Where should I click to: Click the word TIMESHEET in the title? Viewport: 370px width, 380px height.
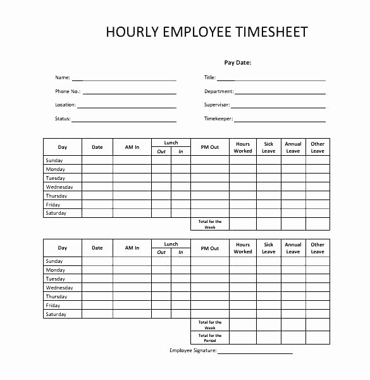pos(269,32)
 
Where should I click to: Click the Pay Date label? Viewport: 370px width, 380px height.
pos(238,63)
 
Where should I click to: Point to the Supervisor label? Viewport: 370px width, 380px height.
pos(216,104)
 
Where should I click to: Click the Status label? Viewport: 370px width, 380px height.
pos(63,118)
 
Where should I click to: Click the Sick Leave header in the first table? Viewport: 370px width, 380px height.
pos(269,147)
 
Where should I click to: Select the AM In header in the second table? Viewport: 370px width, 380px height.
pos(132,248)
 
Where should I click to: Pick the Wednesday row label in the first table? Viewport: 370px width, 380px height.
pos(59,187)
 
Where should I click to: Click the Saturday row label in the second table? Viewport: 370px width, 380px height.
pos(56,314)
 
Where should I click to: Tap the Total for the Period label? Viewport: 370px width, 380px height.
pos(209,338)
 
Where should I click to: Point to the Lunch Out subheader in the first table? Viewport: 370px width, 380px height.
pos(161,151)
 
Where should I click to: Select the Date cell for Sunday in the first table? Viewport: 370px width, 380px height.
pos(97,160)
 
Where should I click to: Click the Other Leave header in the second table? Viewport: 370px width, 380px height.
pos(318,248)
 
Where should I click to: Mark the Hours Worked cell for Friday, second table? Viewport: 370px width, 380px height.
pos(243,305)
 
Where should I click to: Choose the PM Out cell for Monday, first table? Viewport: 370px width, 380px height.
pos(209,169)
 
